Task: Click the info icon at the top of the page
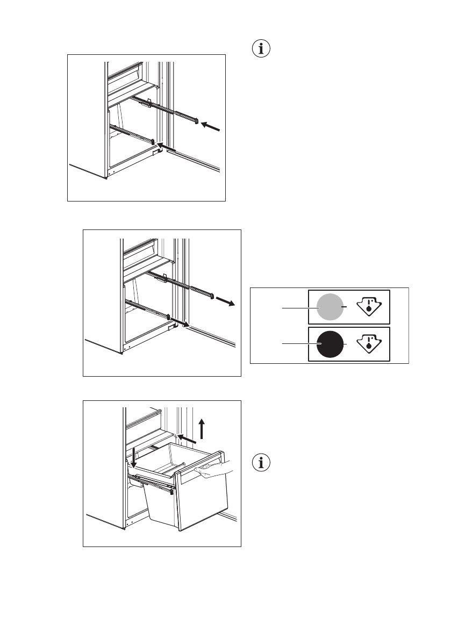tap(261, 49)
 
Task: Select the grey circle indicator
tap(330, 307)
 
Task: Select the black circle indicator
tap(330, 344)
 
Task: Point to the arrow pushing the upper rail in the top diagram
tap(211, 126)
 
